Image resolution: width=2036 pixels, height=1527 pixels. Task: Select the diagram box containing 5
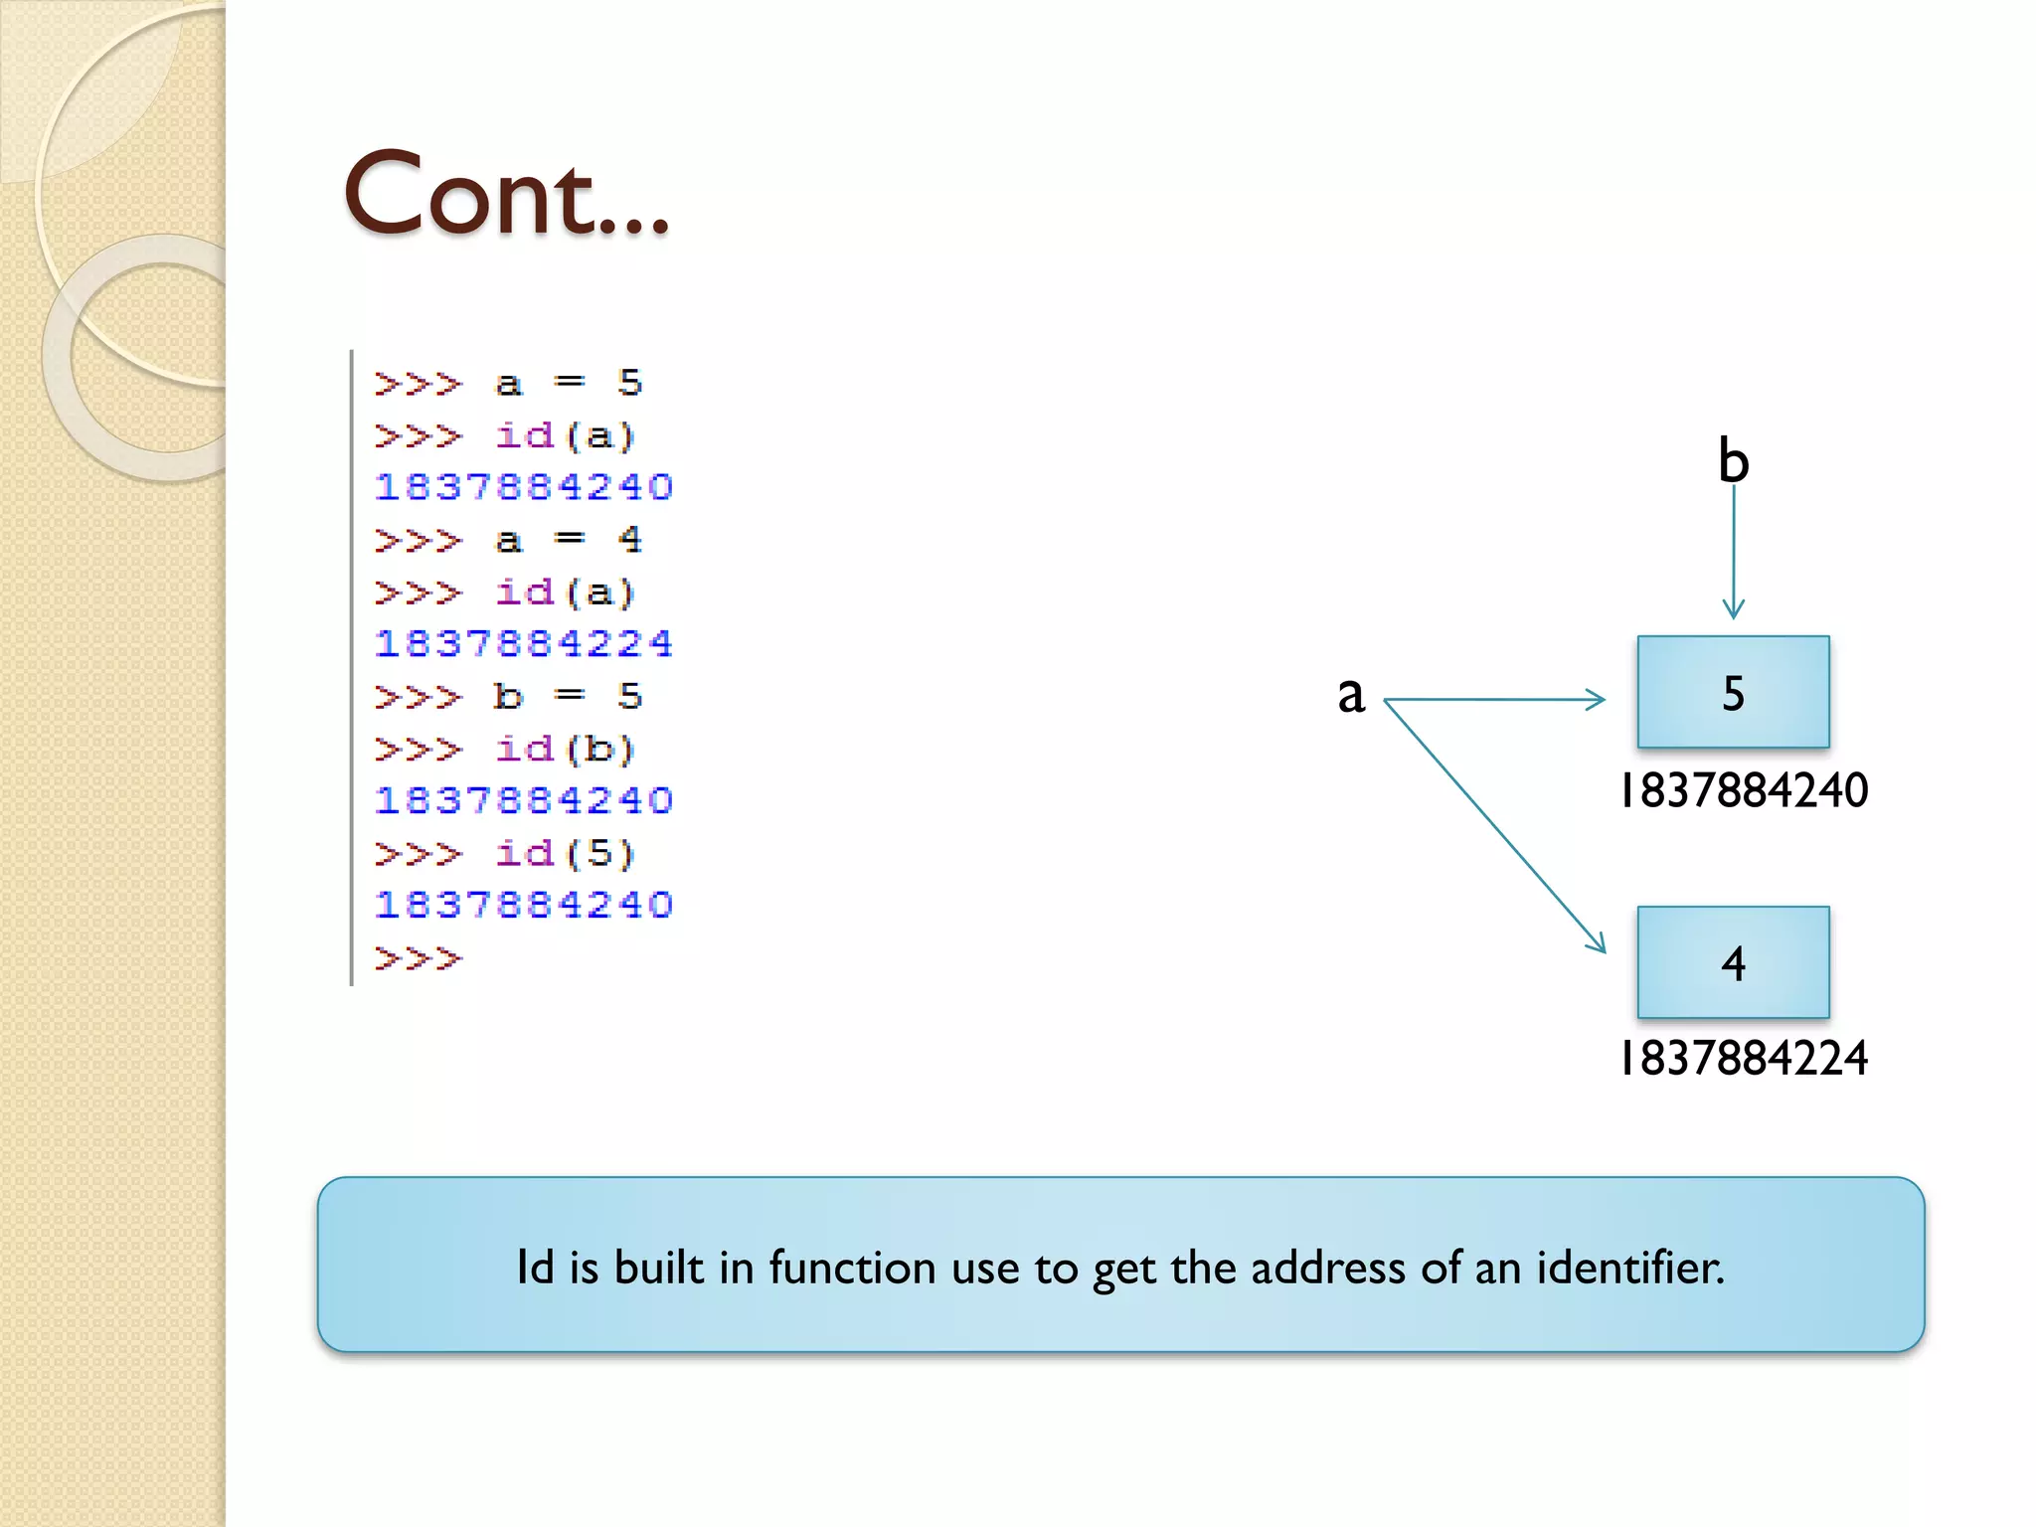[x=1733, y=692]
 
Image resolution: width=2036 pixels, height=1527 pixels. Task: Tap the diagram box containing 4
[x=1733, y=962]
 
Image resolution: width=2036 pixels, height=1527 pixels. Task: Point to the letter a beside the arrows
[x=1350, y=694]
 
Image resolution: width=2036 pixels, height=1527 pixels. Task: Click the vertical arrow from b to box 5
[x=1733, y=552]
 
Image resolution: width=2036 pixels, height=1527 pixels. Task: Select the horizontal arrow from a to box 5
[x=1494, y=700]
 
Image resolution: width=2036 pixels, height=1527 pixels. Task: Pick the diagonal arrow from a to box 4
[x=1494, y=826]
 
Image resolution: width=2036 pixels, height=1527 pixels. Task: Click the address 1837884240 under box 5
[x=1744, y=791]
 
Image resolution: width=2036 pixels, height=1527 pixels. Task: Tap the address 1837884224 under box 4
[x=1744, y=1059]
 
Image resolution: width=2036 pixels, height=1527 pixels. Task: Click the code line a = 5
[x=508, y=384]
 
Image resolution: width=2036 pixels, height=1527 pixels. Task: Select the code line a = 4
[x=508, y=541]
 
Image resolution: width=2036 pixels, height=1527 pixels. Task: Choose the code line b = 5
[x=508, y=697]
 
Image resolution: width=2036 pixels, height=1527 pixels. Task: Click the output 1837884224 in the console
[x=524, y=644]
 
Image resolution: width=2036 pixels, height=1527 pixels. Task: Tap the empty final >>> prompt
[x=419, y=959]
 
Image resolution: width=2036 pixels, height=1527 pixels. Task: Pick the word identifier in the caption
[x=1629, y=1268]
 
